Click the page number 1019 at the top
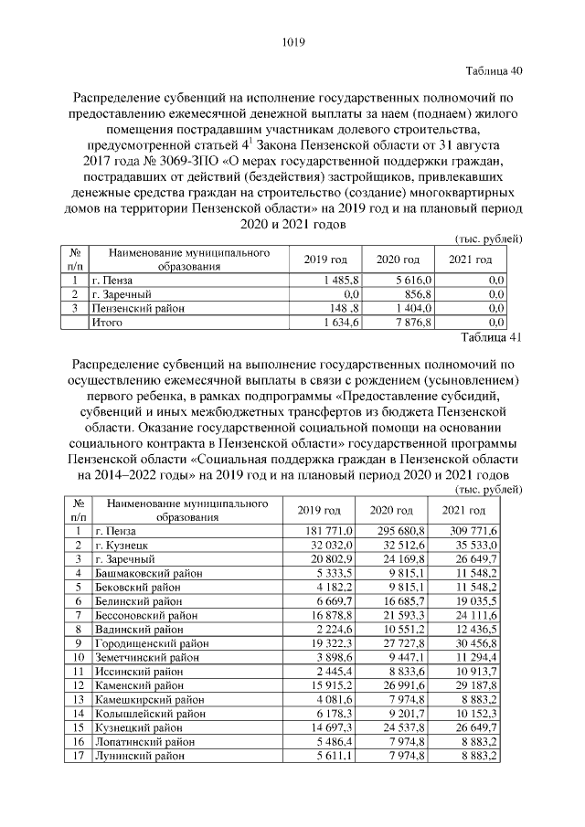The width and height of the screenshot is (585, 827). tap(292, 42)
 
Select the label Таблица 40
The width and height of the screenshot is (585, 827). tap(494, 70)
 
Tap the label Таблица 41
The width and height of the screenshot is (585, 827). tap(494, 336)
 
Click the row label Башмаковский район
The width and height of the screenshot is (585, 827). tap(147, 573)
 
